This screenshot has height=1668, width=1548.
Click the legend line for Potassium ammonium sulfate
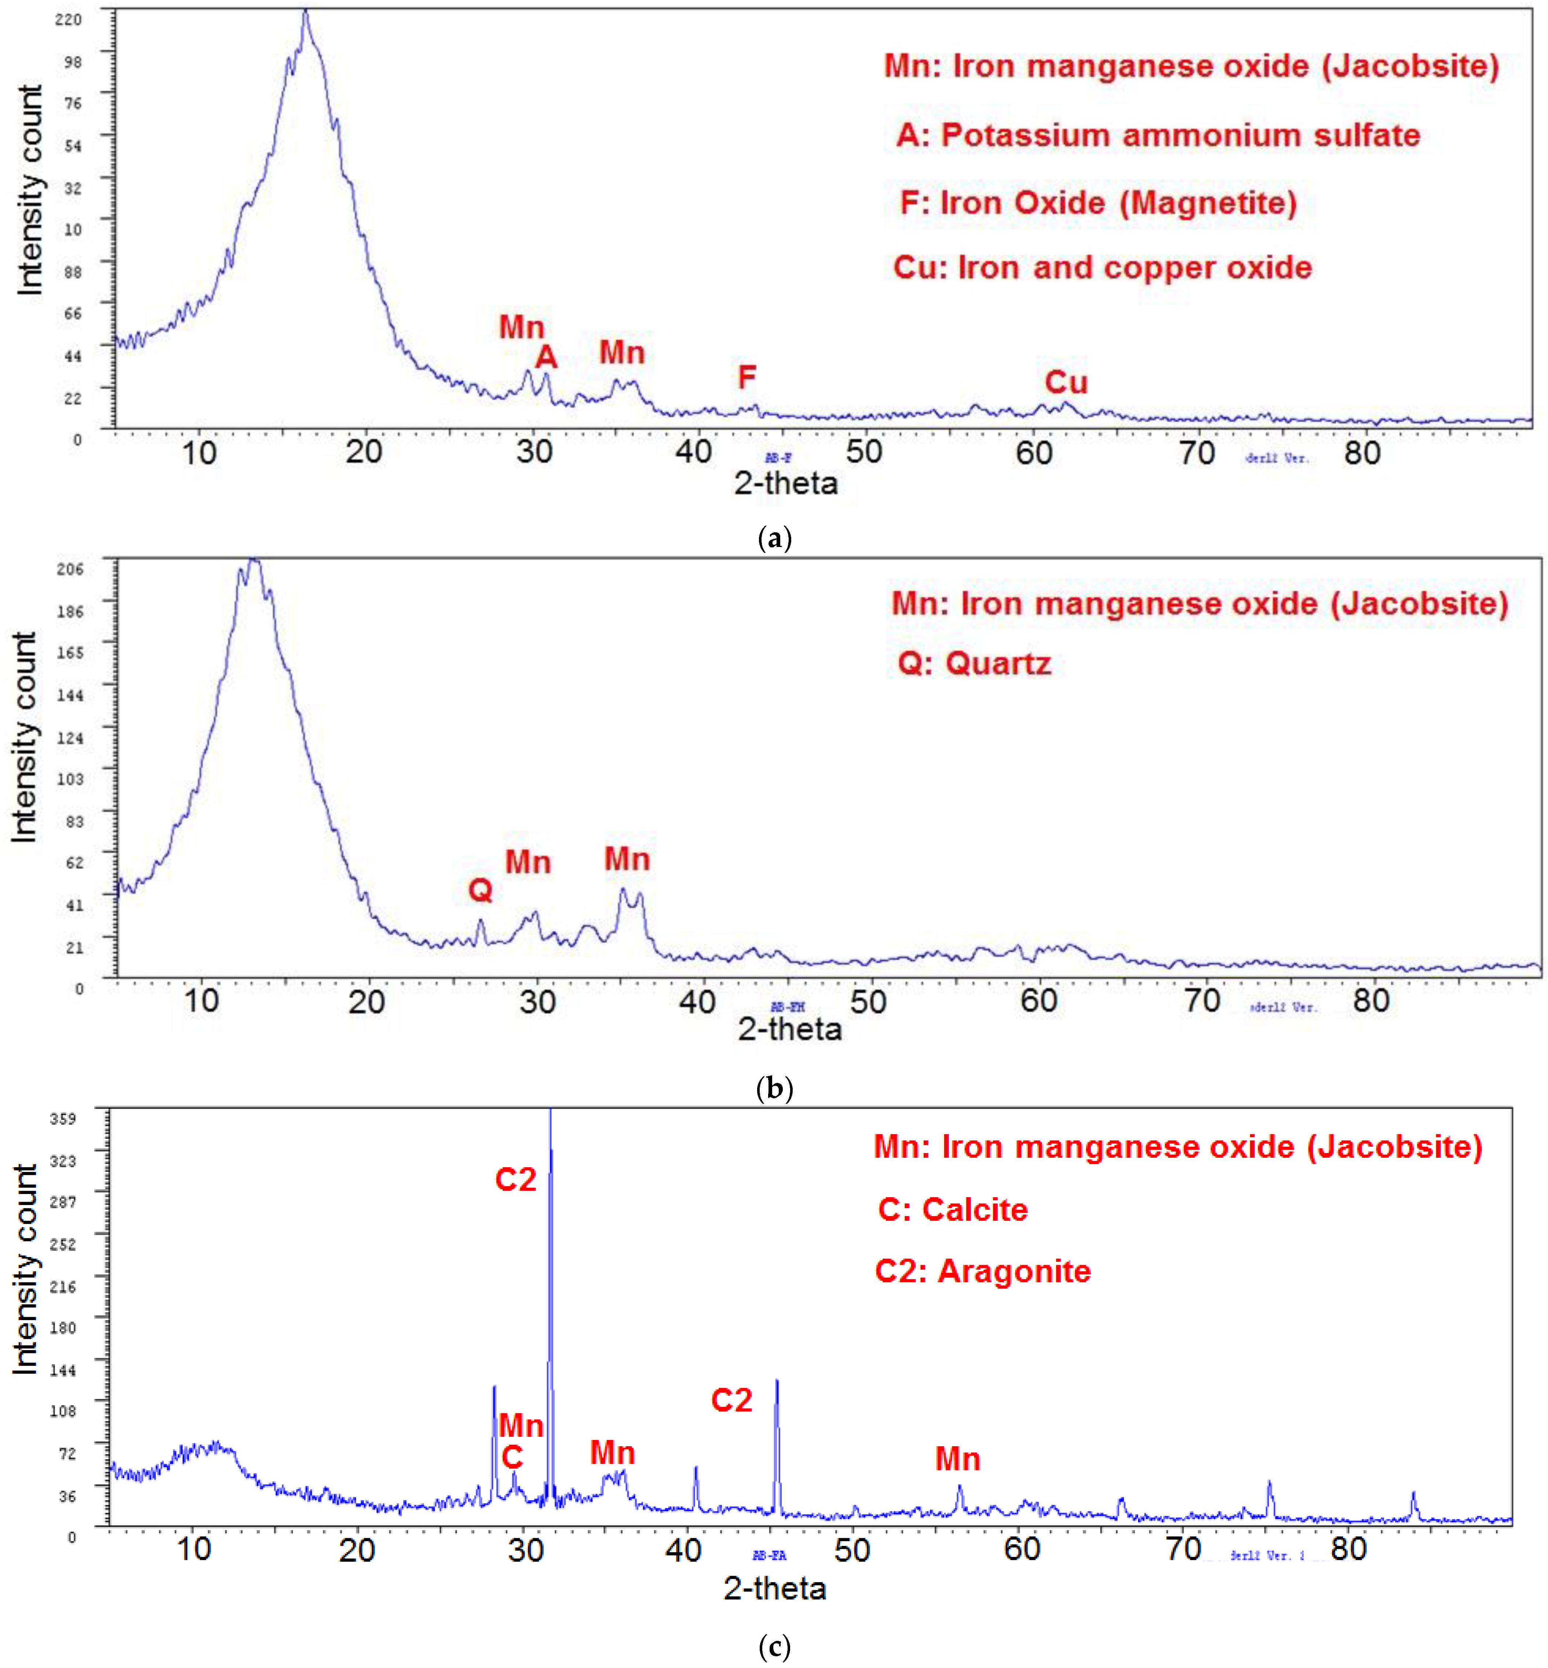point(1158,135)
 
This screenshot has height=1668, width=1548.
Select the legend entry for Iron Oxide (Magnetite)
point(1097,203)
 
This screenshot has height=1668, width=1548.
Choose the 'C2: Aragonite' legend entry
point(983,1271)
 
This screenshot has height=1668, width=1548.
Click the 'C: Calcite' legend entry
point(953,1209)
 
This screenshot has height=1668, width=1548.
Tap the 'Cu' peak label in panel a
point(1065,383)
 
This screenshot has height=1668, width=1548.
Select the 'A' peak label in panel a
point(546,357)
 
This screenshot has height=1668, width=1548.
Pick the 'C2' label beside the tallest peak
point(515,1180)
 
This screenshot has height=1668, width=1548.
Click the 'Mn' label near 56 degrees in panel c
point(957,1459)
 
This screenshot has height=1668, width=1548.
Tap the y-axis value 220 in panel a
point(69,19)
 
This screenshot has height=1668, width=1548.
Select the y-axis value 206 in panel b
point(70,569)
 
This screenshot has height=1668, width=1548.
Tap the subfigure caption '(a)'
point(774,537)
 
